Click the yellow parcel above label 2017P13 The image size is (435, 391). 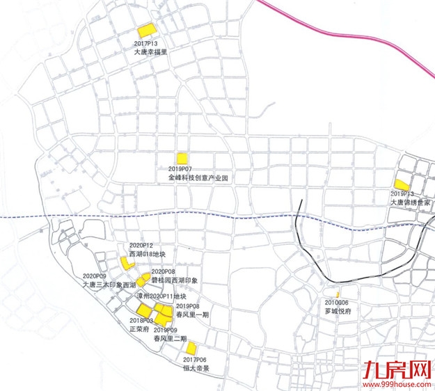145,31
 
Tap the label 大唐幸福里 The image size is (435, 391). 151,51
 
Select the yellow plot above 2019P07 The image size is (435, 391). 182,158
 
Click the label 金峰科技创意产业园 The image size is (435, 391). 198,178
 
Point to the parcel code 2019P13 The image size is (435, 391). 402,193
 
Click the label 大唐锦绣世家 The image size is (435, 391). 411,202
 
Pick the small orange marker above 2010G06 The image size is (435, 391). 337,295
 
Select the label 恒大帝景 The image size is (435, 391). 197,368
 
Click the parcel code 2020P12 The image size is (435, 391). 141,245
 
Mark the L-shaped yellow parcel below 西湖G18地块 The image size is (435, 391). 127,263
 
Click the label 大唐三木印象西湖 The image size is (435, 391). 109,285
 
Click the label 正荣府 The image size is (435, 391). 139,329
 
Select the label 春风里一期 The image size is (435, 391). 192,314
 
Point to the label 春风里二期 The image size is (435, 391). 170,338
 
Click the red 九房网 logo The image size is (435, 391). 403,369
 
